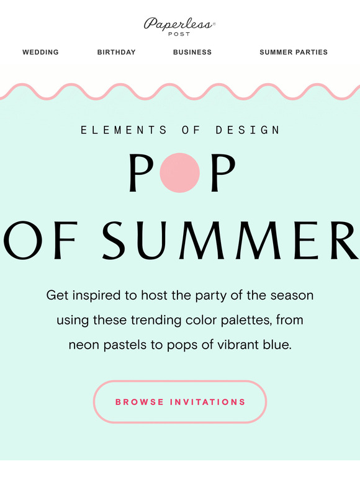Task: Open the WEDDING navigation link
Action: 40,52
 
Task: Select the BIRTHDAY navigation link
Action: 117,52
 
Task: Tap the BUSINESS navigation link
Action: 192,52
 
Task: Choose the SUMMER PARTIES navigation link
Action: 294,52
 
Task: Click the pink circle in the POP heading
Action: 180,172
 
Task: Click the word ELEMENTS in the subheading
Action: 124,130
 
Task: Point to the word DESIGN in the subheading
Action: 248,130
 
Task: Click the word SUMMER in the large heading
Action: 230,240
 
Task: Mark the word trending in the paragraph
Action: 156,321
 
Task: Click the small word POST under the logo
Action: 179,34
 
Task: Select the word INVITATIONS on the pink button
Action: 208,402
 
